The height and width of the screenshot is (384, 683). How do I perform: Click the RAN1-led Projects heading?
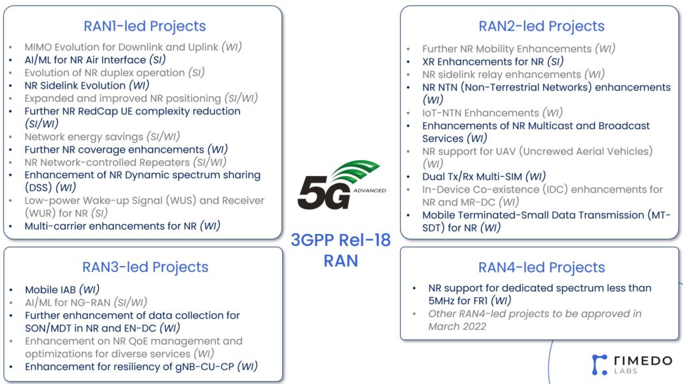[145, 26]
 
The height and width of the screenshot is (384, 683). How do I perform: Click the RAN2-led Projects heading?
[542, 26]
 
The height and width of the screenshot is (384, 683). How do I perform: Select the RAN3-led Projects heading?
[145, 267]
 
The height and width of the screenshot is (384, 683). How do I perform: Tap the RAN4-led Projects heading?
[542, 267]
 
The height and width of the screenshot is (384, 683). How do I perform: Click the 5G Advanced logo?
[341, 185]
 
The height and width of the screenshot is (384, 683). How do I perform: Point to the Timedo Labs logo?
[632, 365]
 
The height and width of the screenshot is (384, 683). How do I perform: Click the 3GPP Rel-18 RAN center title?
[341, 251]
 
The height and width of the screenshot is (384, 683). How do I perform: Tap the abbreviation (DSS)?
[38, 187]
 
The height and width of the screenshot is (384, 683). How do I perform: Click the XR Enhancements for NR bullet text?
[483, 62]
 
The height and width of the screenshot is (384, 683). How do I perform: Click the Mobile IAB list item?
[62, 289]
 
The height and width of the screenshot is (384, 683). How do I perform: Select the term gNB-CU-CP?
[205, 367]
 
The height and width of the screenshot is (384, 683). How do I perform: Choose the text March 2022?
[457, 327]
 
